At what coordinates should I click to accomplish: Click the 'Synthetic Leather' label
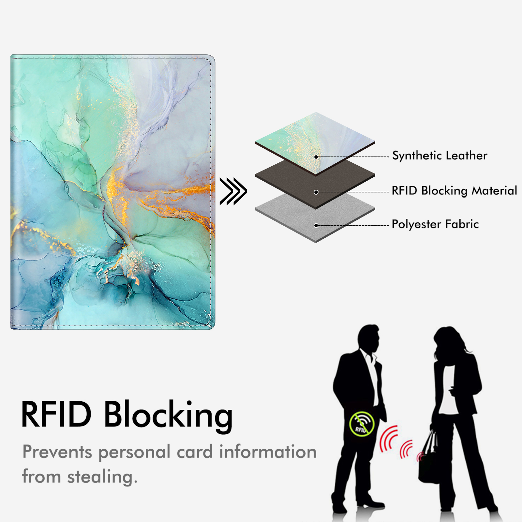click(x=440, y=156)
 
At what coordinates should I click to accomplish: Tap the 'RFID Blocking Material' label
click(x=454, y=190)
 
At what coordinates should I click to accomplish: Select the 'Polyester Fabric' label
click(x=435, y=224)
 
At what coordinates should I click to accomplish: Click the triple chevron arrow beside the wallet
click(x=233, y=191)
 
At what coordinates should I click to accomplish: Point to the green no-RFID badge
click(x=362, y=424)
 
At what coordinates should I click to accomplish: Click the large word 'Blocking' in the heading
click(x=168, y=415)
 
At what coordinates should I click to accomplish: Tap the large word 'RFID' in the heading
click(x=56, y=414)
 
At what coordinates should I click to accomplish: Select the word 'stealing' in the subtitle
click(x=102, y=477)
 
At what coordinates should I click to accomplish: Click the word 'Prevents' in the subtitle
click(x=57, y=452)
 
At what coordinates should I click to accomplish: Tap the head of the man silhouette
click(x=369, y=337)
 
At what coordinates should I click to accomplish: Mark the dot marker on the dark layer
click(x=316, y=192)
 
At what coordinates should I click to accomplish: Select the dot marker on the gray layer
click(x=316, y=225)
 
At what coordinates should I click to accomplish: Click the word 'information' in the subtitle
click(x=268, y=452)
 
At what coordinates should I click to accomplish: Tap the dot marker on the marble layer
click(x=316, y=157)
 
